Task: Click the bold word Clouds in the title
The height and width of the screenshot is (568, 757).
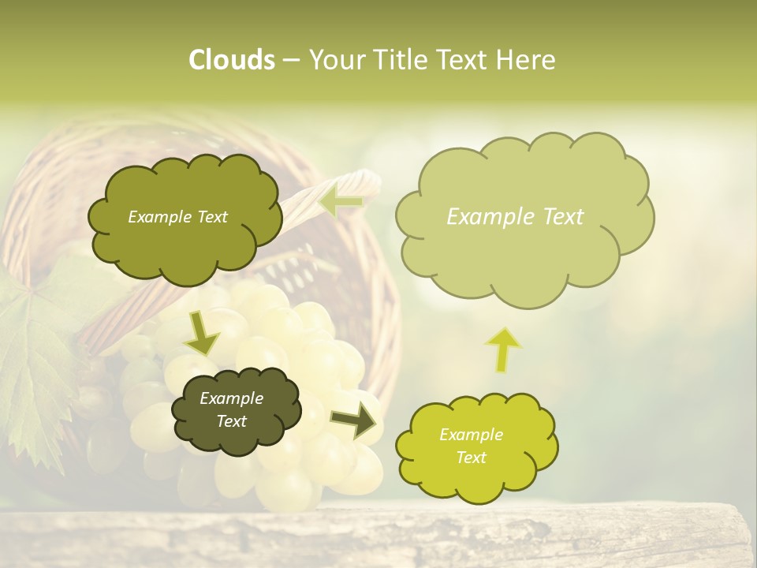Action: (x=231, y=60)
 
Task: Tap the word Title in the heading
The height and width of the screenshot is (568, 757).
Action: (x=401, y=60)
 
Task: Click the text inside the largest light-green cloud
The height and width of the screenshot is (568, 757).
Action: (x=515, y=217)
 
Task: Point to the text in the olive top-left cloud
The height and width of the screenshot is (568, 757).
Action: (x=177, y=217)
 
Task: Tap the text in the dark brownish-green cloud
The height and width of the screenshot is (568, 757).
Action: (x=231, y=409)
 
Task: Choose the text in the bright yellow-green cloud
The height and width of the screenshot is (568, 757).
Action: (x=471, y=446)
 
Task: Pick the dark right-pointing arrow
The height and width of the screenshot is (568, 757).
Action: (x=354, y=420)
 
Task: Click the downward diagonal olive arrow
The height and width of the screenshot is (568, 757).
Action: (x=201, y=334)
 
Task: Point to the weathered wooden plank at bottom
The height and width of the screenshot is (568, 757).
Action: (x=378, y=536)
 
